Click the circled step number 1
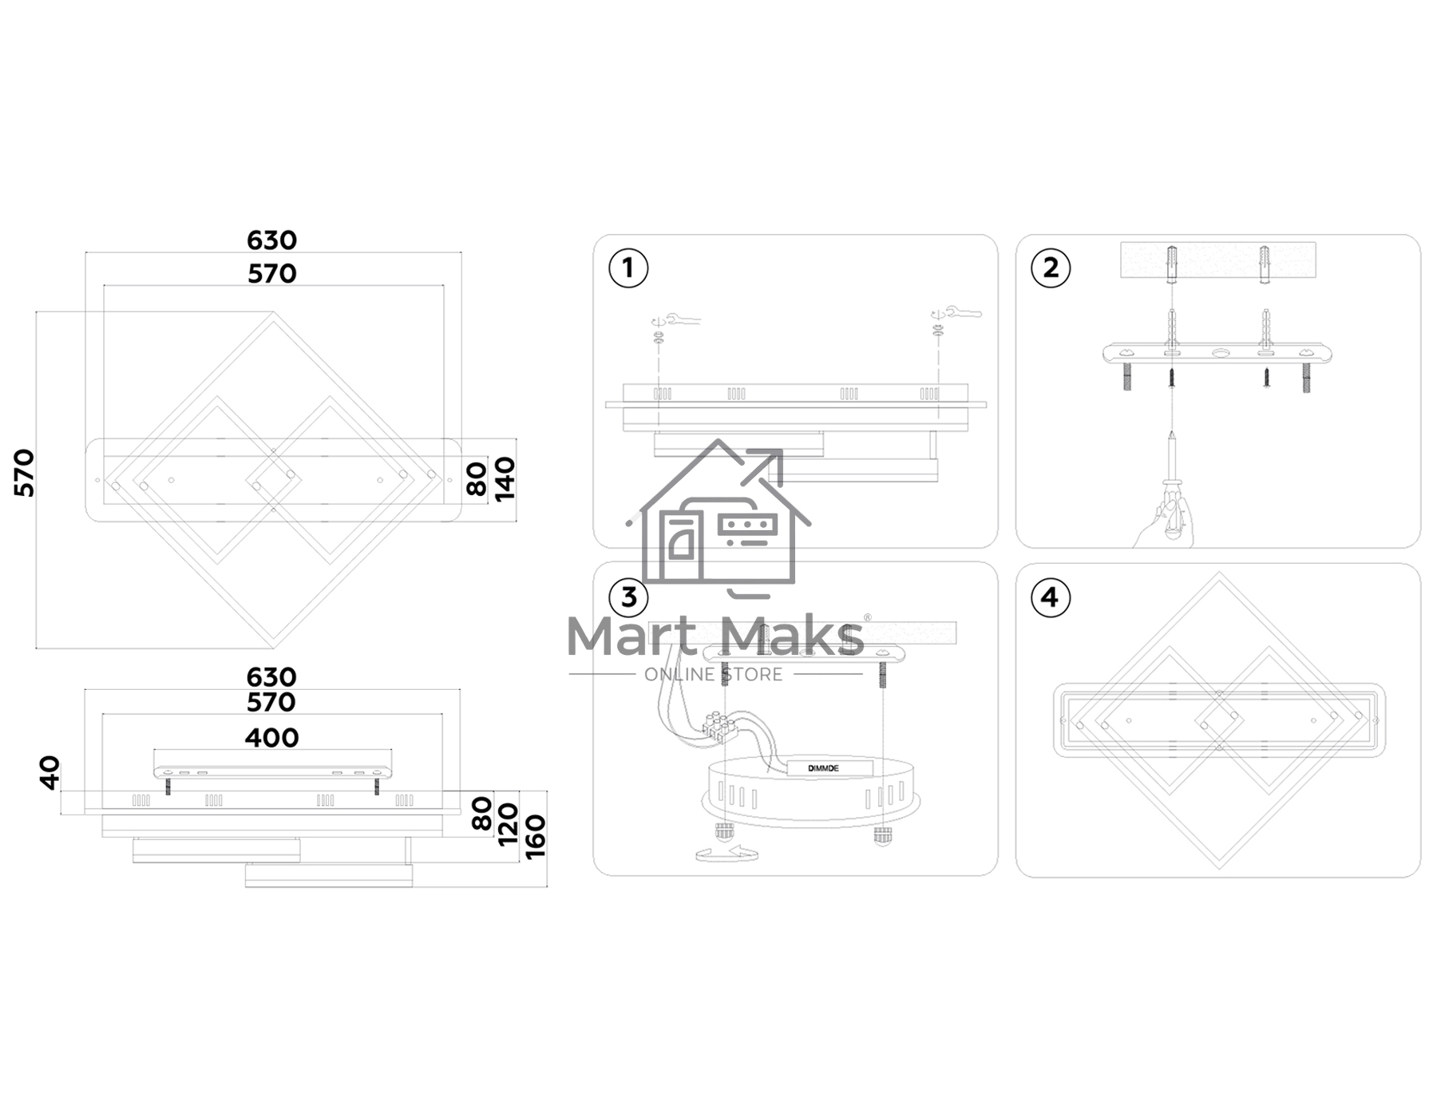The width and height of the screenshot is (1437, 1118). pyautogui.click(x=628, y=268)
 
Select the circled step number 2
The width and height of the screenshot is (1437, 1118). pyautogui.click(x=1051, y=268)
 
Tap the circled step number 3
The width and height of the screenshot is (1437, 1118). pyautogui.click(x=628, y=597)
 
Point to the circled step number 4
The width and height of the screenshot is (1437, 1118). pyautogui.click(x=1050, y=597)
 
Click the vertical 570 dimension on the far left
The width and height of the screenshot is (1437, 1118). pyautogui.click(x=25, y=473)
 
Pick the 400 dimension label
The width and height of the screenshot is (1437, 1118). pyautogui.click(x=271, y=737)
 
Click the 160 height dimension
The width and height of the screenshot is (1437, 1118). pyautogui.click(x=536, y=837)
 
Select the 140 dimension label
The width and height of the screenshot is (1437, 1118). pyautogui.click(x=505, y=479)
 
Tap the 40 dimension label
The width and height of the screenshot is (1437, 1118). pyautogui.click(x=49, y=773)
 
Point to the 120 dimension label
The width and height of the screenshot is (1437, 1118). pyautogui.click(x=509, y=825)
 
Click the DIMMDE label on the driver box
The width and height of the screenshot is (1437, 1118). pyautogui.click(x=823, y=768)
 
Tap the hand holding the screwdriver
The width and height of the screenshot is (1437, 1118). pyautogui.click(x=1163, y=523)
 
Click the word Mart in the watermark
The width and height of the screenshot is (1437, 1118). pyautogui.click(x=631, y=636)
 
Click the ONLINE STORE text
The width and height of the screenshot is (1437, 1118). pyautogui.click(x=714, y=675)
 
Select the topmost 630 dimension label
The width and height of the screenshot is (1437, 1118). pyautogui.click(x=271, y=240)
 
